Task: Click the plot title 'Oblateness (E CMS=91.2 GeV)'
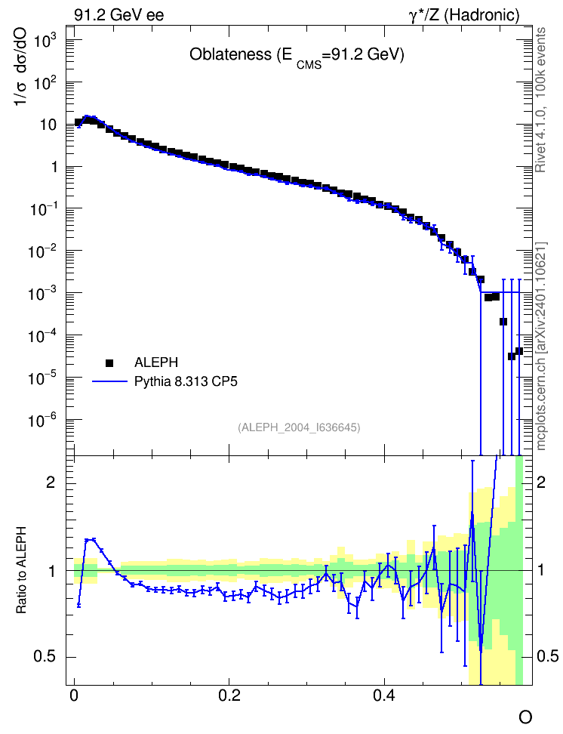pyautogui.click(x=297, y=56)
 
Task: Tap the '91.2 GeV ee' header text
pyautogui.click(x=119, y=15)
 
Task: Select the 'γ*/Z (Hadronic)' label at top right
pyautogui.click(x=464, y=15)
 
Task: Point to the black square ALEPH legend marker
pyautogui.click(x=109, y=362)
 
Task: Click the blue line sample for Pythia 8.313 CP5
pyautogui.click(x=109, y=381)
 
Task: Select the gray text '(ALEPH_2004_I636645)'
pyautogui.click(x=299, y=427)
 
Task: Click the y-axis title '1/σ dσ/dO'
pyautogui.click(x=20, y=66)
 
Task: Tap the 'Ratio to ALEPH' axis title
pyautogui.click(x=21, y=570)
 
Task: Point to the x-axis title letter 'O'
pyautogui.click(x=525, y=717)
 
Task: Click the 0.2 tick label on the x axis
pyautogui.click(x=229, y=695)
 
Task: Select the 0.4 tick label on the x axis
pyautogui.click(x=384, y=695)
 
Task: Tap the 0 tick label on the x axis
pyautogui.click(x=74, y=695)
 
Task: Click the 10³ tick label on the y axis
pyautogui.click(x=45, y=41)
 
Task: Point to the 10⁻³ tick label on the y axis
pyautogui.click(x=42, y=294)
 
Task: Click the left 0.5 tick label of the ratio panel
pyautogui.click(x=45, y=657)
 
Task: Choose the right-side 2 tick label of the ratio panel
pyautogui.click(x=541, y=482)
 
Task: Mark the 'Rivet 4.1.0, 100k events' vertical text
pyautogui.click(x=540, y=100)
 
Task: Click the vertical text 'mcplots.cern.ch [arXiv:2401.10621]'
pyautogui.click(x=540, y=347)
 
